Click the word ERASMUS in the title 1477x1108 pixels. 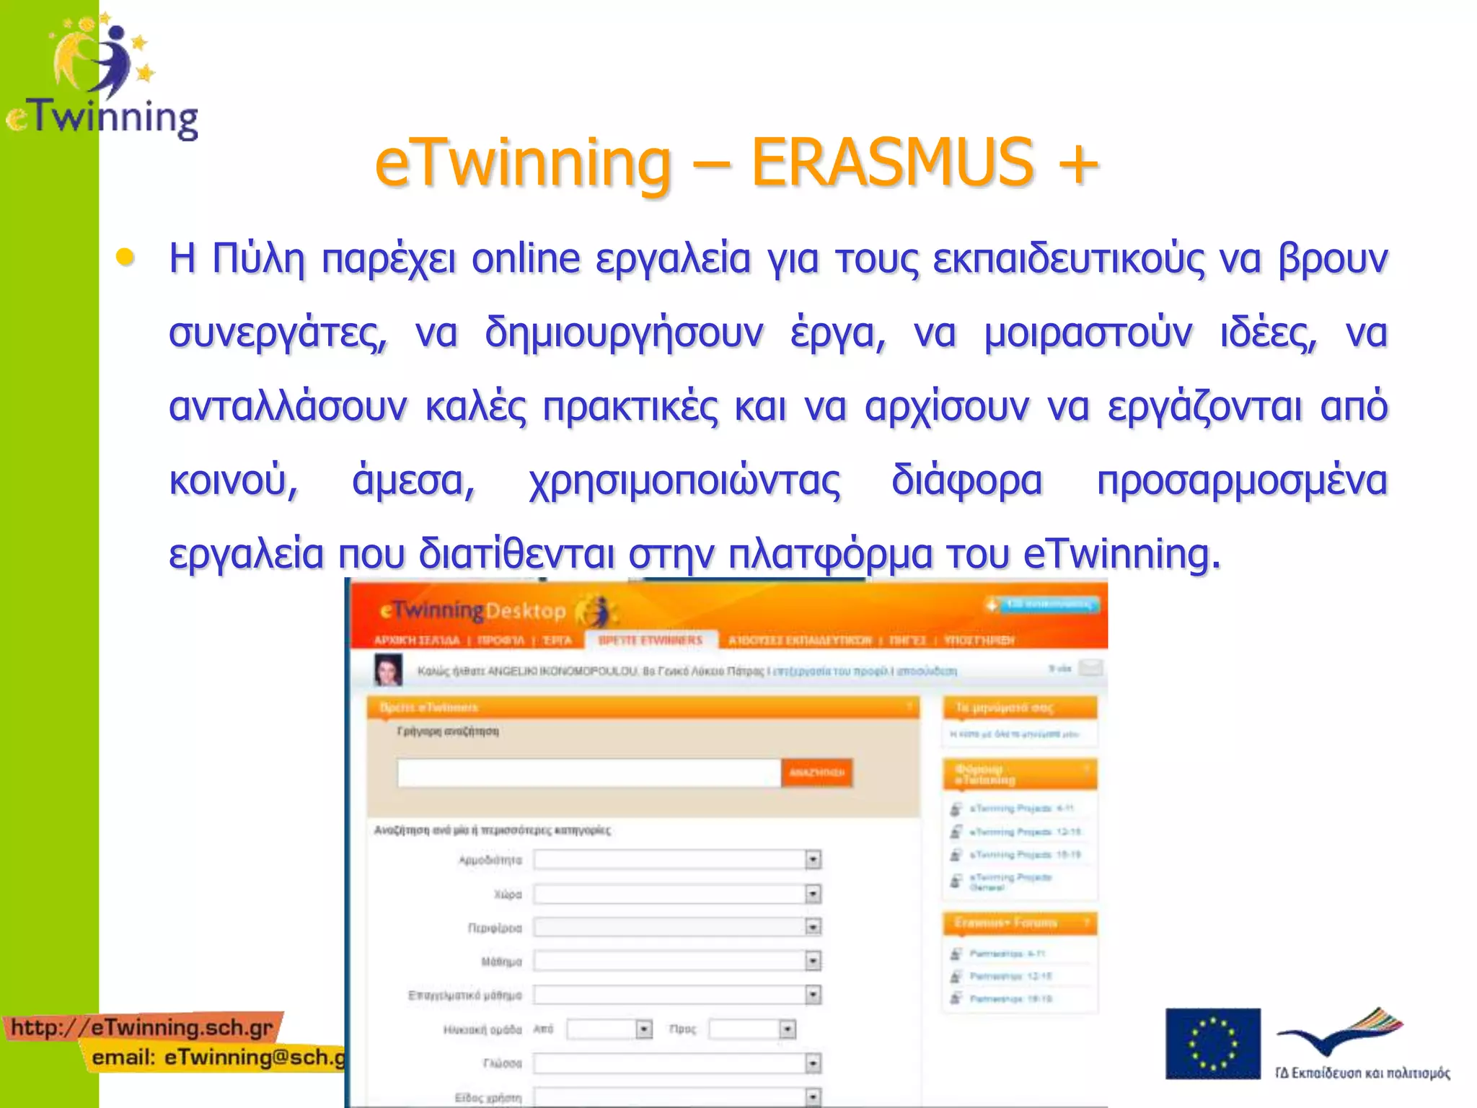tap(893, 162)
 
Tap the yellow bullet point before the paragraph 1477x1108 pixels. tap(125, 257)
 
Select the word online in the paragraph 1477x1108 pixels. tap(526, 258)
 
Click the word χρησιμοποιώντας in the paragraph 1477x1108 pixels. tap(684, 480)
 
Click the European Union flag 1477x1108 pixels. tap(1212, 1043)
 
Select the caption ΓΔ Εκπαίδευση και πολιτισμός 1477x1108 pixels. tap(1362, 1073)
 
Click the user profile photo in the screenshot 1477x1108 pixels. tap(388, 669)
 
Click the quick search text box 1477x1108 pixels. tap(588, 773)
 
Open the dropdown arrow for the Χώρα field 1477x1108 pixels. tap(813, 894)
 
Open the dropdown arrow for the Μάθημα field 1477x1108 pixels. tap(813, 961)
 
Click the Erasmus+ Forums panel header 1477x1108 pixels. tap(1018, 923)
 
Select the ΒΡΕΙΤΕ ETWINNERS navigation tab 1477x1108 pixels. tap(651, 640)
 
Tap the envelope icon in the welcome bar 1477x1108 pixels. tap(1090, 668)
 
